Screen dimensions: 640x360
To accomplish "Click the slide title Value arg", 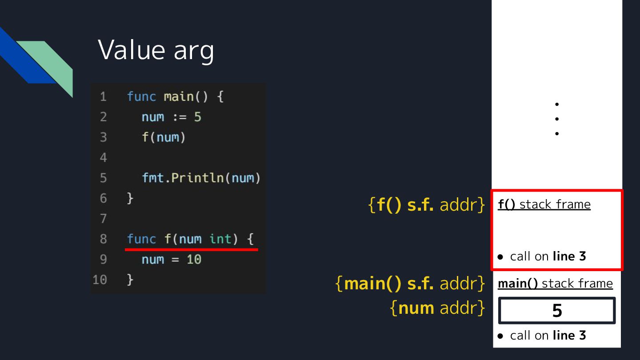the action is [x=156, y=50].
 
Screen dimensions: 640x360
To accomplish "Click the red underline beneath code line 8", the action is [x=191, y=250].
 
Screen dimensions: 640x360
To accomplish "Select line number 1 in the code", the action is [x=103, y=96].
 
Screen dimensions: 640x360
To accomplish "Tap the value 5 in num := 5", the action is [x=197, y=117].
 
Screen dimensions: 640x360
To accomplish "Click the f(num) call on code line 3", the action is [x=163, y=137].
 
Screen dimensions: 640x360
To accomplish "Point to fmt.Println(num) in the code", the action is [x=201, y=178].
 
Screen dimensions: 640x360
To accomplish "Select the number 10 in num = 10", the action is [x=194, y=259].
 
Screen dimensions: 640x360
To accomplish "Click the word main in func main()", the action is [x=178, y=96].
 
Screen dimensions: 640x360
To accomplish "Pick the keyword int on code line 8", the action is [x=221, y=239].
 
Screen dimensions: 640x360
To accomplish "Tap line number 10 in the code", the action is [x=100, y=280].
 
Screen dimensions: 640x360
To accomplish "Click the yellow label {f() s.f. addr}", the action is [x=427, y=205].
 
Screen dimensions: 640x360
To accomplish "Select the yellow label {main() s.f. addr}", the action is [x=410, y=284].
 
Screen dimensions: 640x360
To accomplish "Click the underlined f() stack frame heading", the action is [x=544, y=204].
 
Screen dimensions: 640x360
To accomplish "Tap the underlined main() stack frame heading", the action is [x=555, y=284].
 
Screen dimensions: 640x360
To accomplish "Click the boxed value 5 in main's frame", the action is [x=557, y=311].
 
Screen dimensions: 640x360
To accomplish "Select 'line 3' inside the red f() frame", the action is [x=569, y=256].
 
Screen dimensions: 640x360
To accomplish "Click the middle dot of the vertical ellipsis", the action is [x=557, y=119].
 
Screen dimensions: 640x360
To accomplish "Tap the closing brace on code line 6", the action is [x=130, y=198].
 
